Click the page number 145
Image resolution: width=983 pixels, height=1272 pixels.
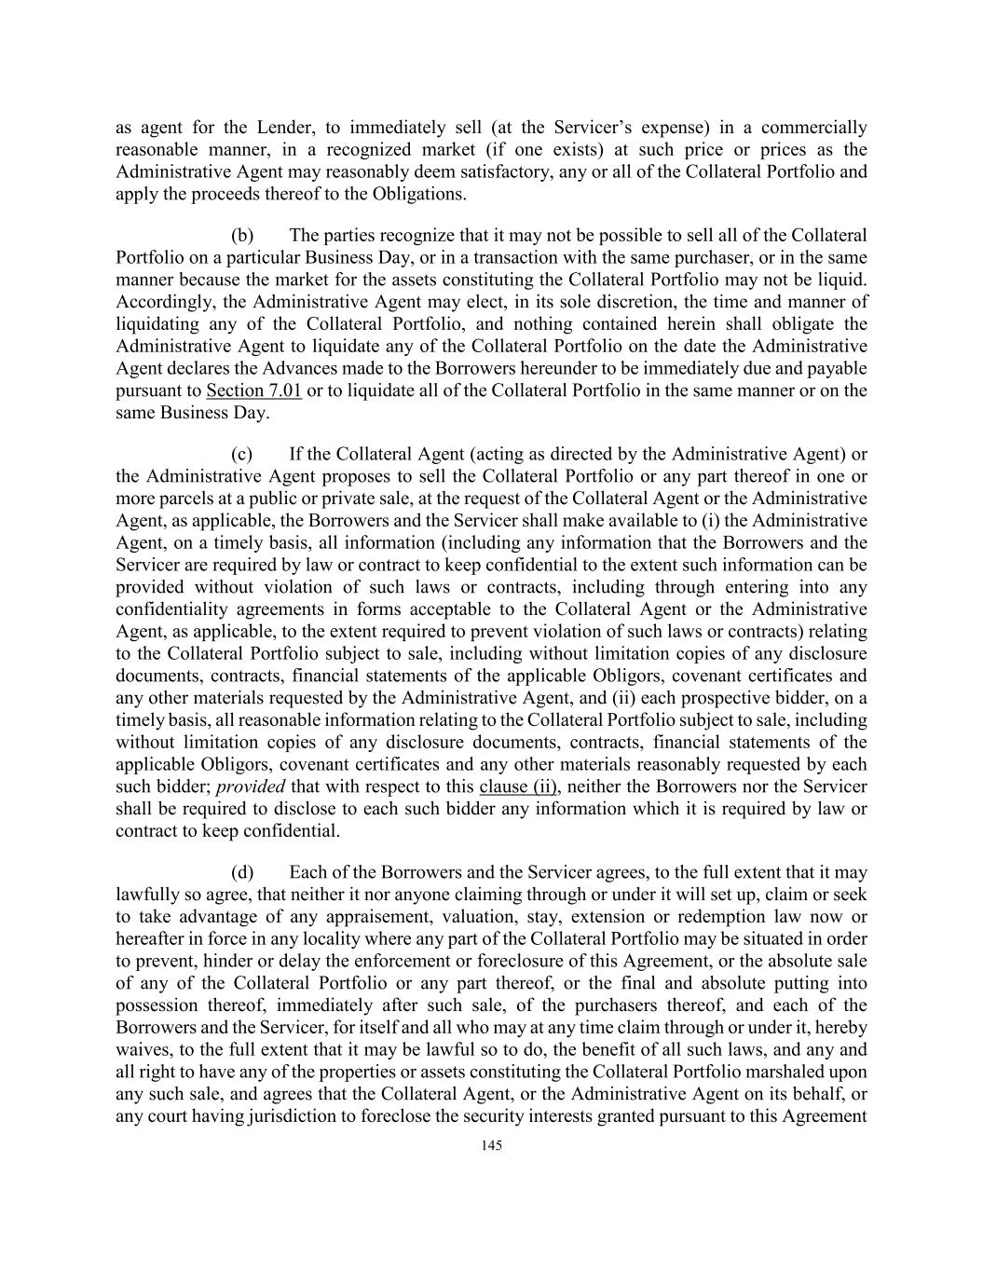(x=492, y=1146)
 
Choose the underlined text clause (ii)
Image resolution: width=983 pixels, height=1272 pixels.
(x=518, y=786)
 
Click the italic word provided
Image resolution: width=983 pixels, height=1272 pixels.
(x=251, y=786)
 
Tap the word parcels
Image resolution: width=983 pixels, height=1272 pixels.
(x=182, y=499)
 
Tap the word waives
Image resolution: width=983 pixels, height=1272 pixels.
(x=142, y=1049)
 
